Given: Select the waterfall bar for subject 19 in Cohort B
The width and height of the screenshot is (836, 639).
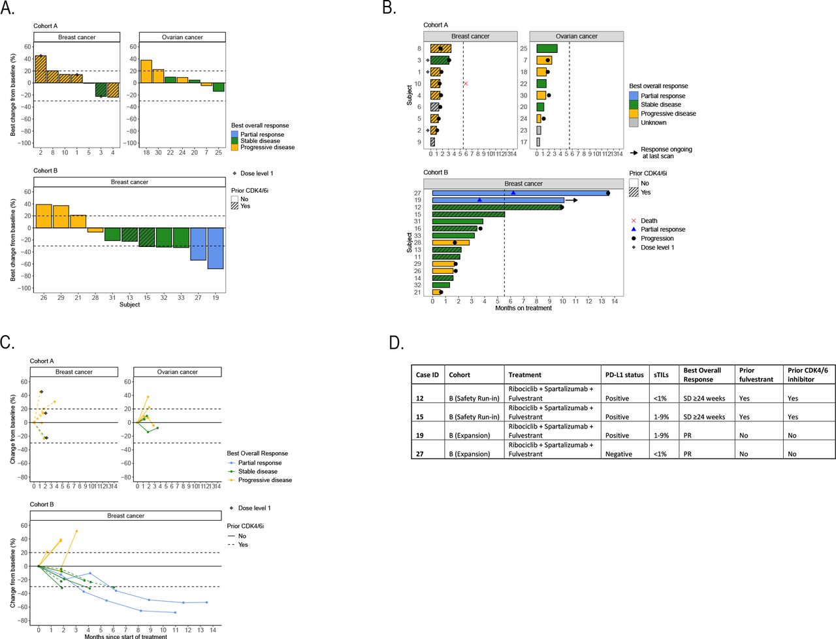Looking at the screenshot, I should point(216,248).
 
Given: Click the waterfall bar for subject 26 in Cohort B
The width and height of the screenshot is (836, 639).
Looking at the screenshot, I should point(44,216).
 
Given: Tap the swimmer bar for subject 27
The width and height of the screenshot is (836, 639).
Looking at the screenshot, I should point(520,193).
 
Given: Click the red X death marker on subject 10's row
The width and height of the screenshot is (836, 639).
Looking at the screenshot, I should point(466,84).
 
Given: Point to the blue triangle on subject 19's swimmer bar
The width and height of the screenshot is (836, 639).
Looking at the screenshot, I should point(479,200).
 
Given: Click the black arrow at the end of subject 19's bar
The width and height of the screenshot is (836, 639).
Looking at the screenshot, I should point(571,200).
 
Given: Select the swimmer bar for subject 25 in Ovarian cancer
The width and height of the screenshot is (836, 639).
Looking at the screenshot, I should point(547,48).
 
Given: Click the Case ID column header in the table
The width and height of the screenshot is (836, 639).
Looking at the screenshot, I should point(427,375).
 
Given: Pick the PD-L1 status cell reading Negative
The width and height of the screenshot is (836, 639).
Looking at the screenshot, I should point(618,454).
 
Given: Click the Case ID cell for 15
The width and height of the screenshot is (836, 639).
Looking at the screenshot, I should point(420,417).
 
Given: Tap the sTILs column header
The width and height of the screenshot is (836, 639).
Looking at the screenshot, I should point(661,375).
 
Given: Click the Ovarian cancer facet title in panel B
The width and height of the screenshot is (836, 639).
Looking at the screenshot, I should point(576,37).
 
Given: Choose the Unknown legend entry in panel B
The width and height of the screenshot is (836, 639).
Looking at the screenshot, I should point(653,123).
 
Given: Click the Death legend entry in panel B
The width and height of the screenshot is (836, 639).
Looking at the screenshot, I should point(649,221).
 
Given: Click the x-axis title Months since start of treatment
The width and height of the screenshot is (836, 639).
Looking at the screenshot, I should point(125,636).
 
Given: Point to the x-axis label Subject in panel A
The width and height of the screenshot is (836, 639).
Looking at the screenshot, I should point(129,304).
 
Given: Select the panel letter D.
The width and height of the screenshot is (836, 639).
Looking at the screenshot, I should point(396,342).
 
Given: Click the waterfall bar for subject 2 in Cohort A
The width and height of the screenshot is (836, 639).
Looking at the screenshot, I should point(40,69).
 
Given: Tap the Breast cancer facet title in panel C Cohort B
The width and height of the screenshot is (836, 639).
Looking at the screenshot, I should point(125,516).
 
